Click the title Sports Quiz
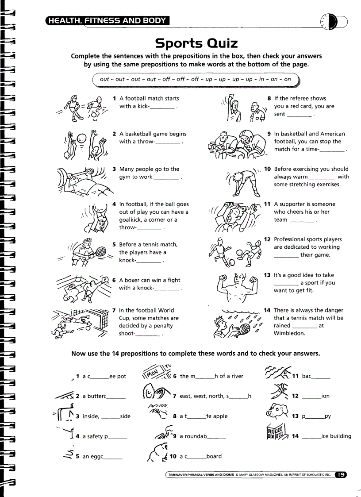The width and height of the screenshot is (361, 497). click(x=196, y=43)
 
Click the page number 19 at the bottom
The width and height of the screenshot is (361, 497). click(x=341, y=475)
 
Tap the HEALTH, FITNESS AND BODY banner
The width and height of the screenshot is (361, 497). click(x=108, y=20)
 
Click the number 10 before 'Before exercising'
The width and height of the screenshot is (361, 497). click(x=267, y=169)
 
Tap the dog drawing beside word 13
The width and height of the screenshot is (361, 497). click(x=277, y=413)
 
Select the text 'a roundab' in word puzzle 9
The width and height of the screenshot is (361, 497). click(x=193, y=436)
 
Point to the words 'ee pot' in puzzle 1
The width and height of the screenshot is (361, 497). click(x=118, y=377)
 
